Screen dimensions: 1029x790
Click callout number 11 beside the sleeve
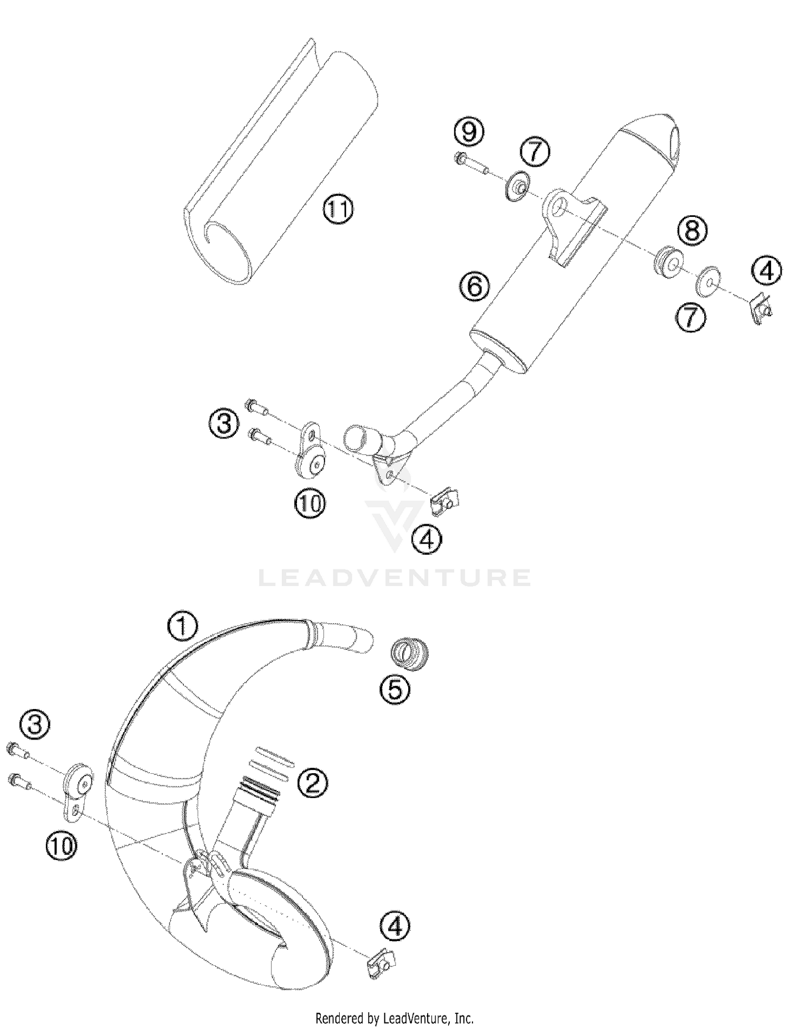coord(338,209)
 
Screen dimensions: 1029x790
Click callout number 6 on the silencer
coord(474,286)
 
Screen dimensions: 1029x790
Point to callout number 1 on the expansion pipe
coord(183,626)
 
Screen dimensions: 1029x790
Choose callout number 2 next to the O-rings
coord(313,782)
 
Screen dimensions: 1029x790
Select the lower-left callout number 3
coord(35,725)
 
